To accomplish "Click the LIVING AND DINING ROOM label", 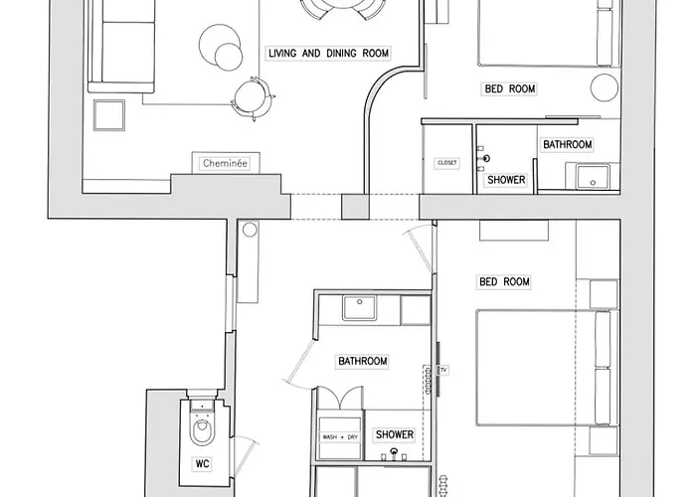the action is (x=328, y=54).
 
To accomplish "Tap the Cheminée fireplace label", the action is (x=225, y=163).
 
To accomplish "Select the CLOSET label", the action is (x=447, y=163).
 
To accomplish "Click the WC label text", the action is (x=203, y=464).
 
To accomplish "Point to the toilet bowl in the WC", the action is (x=203, y=430).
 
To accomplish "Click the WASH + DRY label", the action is (x=340, y=437).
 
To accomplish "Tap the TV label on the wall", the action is (x=443, y=370).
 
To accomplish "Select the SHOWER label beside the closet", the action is (x=506, y=180).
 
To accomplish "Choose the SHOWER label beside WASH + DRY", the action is (x=395, y=434).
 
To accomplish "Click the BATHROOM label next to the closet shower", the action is (x=568, y=145).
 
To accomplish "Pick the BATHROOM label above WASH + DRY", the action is (x=363, y=361).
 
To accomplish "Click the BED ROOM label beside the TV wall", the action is (x=504, y=281).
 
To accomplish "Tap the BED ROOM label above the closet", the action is (x=510, y=88).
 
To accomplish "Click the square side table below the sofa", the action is (x=108, y=115).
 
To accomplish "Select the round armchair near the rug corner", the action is (x=253, y=99).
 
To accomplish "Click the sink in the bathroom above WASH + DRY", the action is (x=359, y=308).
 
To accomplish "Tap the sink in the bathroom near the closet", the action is (x=593, y=177).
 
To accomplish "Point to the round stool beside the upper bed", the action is (x=605, y=87).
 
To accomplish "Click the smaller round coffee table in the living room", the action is (x=229, y=57).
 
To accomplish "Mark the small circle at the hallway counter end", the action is (x=251, y=230).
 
